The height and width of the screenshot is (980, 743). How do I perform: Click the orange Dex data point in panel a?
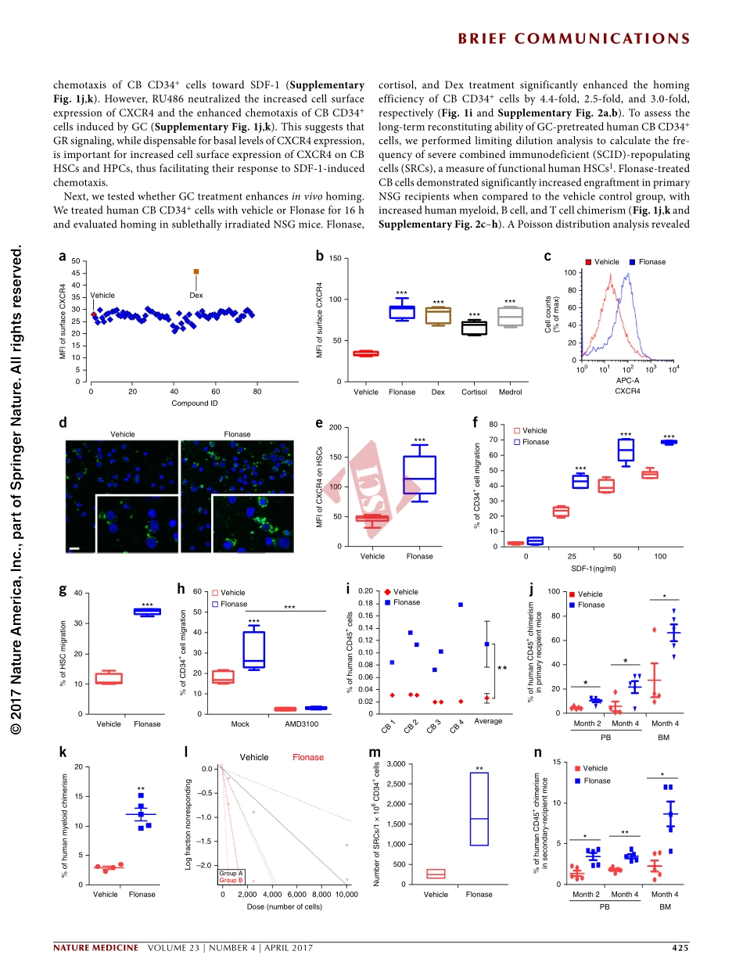196,271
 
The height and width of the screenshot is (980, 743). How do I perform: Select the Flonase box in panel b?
402,312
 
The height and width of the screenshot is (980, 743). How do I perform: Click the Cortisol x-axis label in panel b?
475,392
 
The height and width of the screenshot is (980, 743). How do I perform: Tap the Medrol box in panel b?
510,317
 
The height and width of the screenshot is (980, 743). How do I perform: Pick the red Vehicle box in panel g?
109,677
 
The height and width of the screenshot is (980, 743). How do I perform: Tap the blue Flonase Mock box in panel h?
253,649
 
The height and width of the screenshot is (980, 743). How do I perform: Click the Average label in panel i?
488,721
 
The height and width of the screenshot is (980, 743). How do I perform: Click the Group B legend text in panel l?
232,880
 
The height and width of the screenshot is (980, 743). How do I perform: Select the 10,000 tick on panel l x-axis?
346,894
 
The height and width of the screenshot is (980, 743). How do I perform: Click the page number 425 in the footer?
680,949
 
